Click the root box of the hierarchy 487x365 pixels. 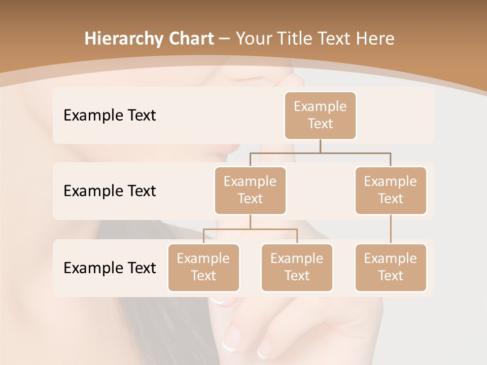[x=320, y=116]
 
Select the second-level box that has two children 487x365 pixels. [x=250, y=191]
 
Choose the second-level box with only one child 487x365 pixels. [x=391, y=191]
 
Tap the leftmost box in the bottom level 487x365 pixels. [x=203, y=268]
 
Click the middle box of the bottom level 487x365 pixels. [x=297, y=268]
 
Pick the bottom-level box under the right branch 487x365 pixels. [x=391, y=268]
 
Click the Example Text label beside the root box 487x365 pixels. [x=110, y=116]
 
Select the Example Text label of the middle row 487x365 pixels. [x=110, y=191]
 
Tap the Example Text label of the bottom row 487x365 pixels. [x=110, y=268]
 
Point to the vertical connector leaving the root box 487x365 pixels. [x=320, y=146]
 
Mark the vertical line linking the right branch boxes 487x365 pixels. [x=391, y=229]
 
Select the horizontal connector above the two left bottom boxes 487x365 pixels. [x=250, y=229]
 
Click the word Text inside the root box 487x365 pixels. [x=320, y=124]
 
